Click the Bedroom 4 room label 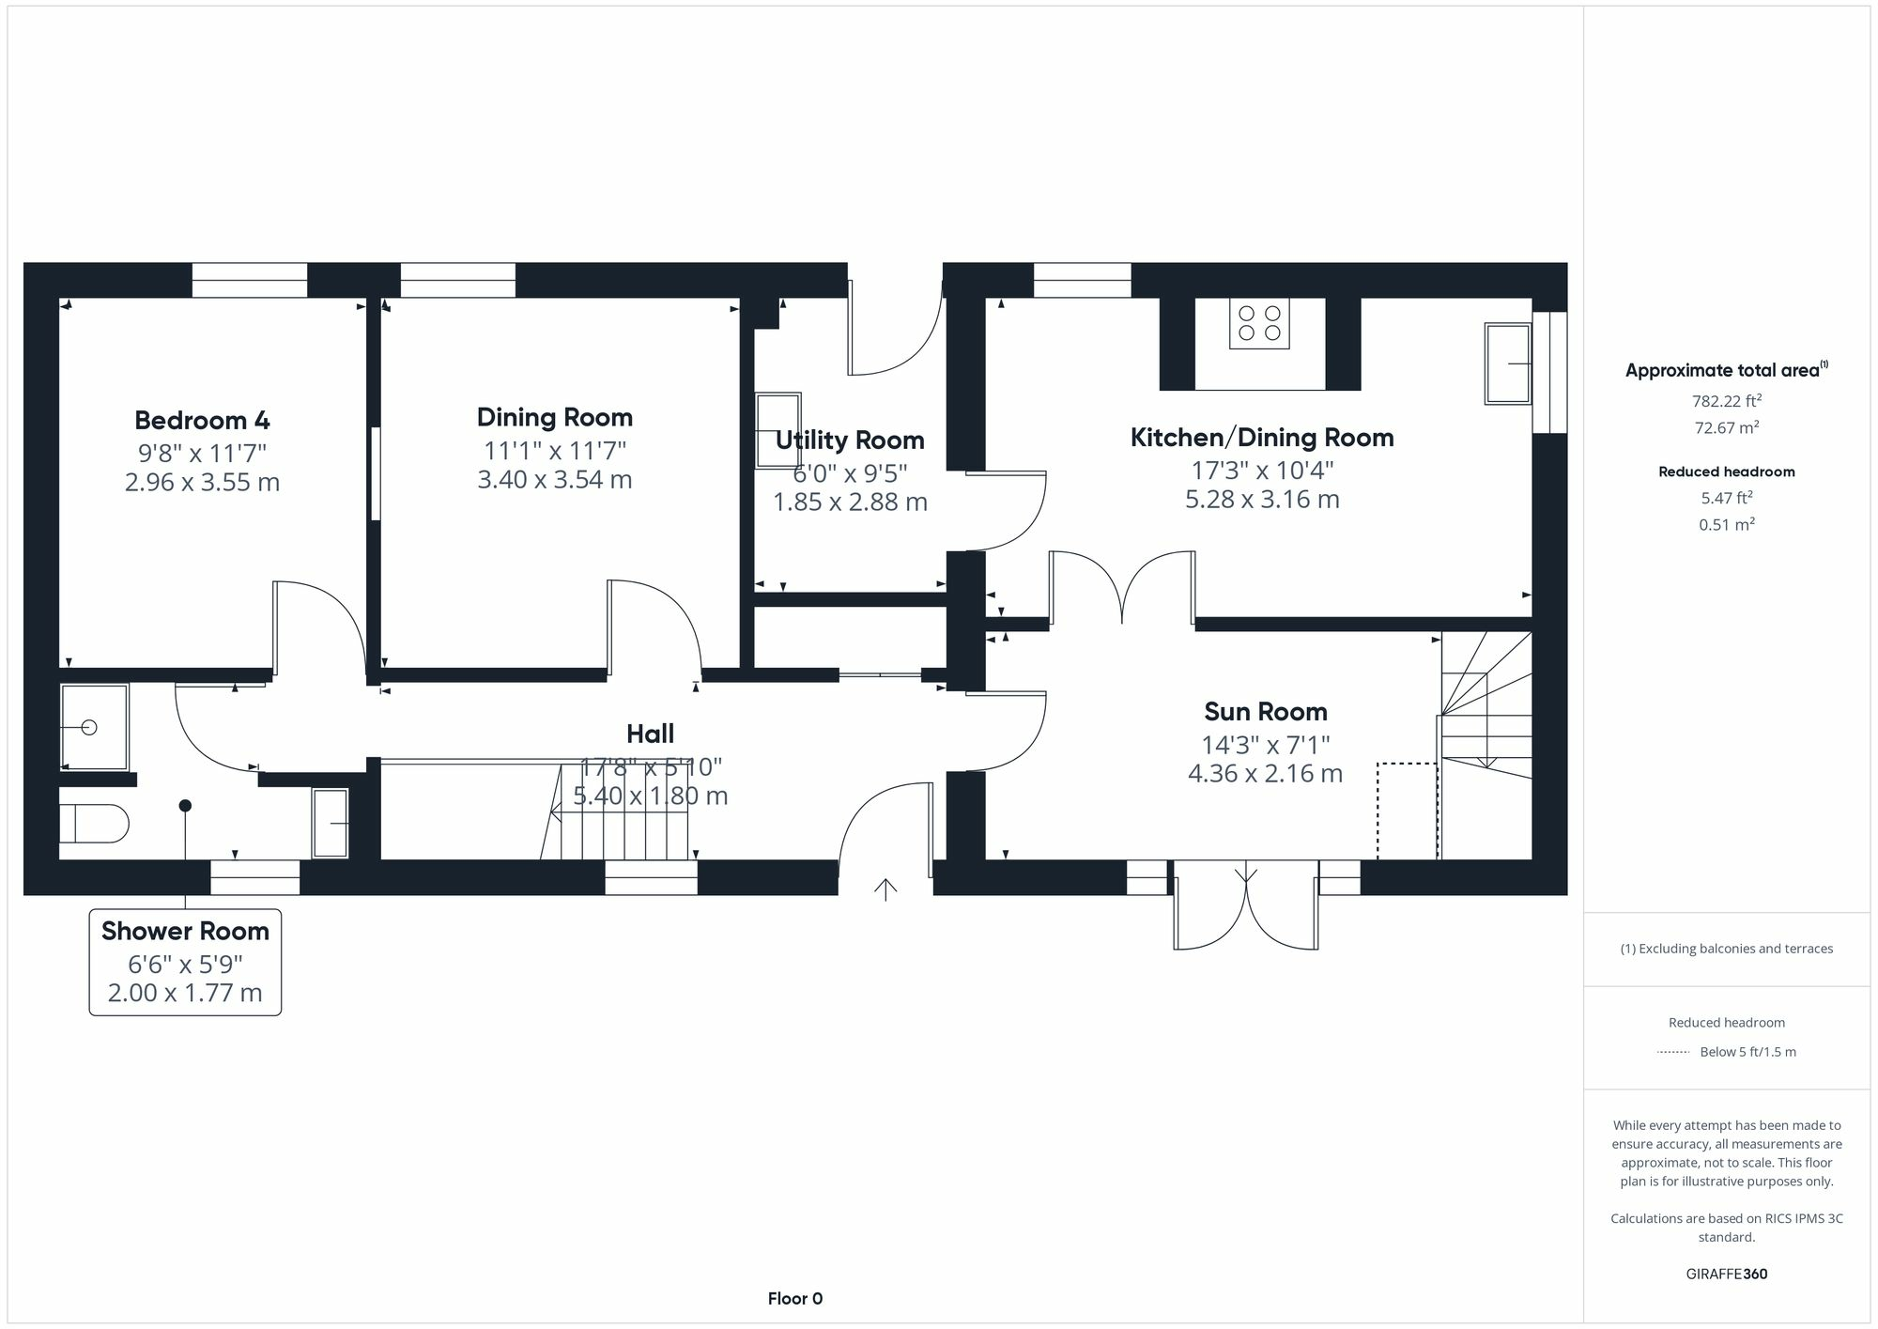click(x=202, y=420)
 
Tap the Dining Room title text click(x=554, y=417)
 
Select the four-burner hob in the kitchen click(x=1259, y=323)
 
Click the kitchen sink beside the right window click(x=1508, y=363)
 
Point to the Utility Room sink click(x=778, y=429)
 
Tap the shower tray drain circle click(x=90, y=727)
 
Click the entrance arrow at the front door click(x=885, y=888)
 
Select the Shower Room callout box click(x=185, y=962)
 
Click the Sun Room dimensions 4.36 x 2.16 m click(x=1265, y=774)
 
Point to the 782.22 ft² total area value click(x=1726, y=401)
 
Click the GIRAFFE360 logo click(x=1726, y=1275)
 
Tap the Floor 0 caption click(x=794, y=1299)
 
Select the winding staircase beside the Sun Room click(x=1486, y=714)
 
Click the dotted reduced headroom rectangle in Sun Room click(x=1407, y=811)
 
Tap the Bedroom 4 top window click(x=250, y=280)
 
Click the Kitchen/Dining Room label click(x=1261, y=437)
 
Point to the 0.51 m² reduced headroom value click(x=1726, y=525)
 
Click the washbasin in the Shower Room click(x=330, y=823)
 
